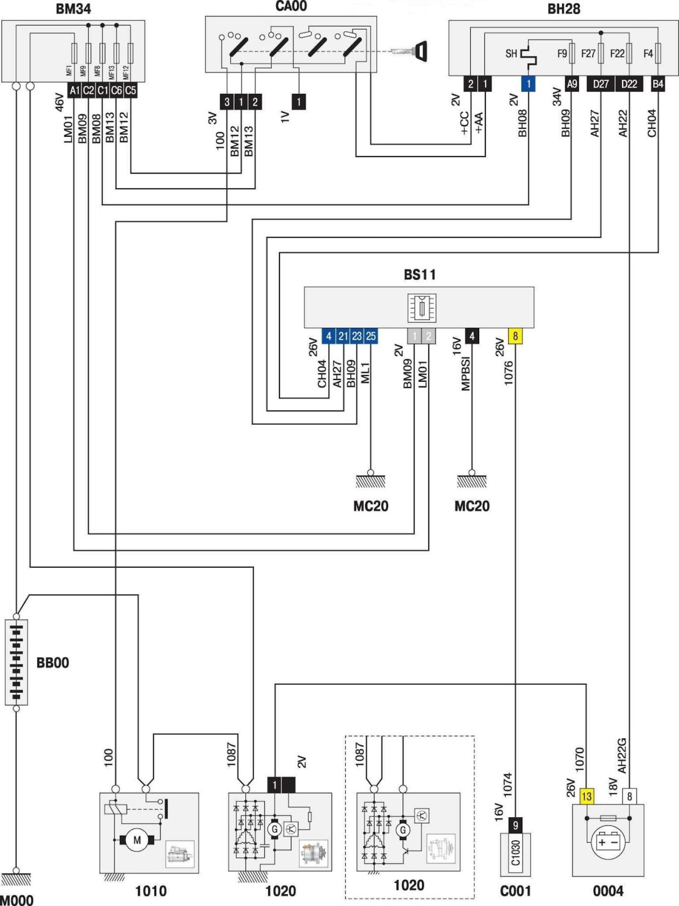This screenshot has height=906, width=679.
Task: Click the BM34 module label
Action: pyautogui.click(x=73, y=9)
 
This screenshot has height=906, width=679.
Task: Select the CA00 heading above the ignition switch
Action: pyautogui.click(x=291, y=6)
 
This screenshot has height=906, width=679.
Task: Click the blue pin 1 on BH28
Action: pyautogui.click(x=528, y=84)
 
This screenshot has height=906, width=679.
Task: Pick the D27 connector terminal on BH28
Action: pyautogui.click(x=600, y=84)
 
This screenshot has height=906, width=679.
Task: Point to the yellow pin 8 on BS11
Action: pyautogui.click(x=515, y=336)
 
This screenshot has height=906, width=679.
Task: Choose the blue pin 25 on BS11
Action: pyautogui.click(x=371, y=336)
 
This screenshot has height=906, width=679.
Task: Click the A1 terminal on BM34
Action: pyautogui.click(x=74, y=90)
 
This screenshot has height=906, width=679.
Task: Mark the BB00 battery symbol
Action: pyautogui.click(x=16, y=662)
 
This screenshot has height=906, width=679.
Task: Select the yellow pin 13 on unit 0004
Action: pyautogui.click(x=586, y=796)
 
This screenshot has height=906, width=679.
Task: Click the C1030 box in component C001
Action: pyautogui.click(x=515, y=853)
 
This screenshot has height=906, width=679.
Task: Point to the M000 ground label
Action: pyautogui.click(x=17, y=899)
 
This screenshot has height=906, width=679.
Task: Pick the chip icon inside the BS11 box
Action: pyautogui.click(x=422, y=308)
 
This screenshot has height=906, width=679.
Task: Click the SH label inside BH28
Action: pyautogui.click(x=511, y=54)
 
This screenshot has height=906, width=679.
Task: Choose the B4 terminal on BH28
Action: pyautogui.click(x=657, y=84)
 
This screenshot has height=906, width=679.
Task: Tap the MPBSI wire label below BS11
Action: pyautogui.click(x=466, y=373)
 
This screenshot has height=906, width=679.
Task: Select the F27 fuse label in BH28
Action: pyautogui.click(x=588, y=54)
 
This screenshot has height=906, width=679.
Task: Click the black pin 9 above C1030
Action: pyautogui.click(x=515, y=825)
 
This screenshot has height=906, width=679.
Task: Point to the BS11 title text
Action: pyautogui.click(x=420, y=275)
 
